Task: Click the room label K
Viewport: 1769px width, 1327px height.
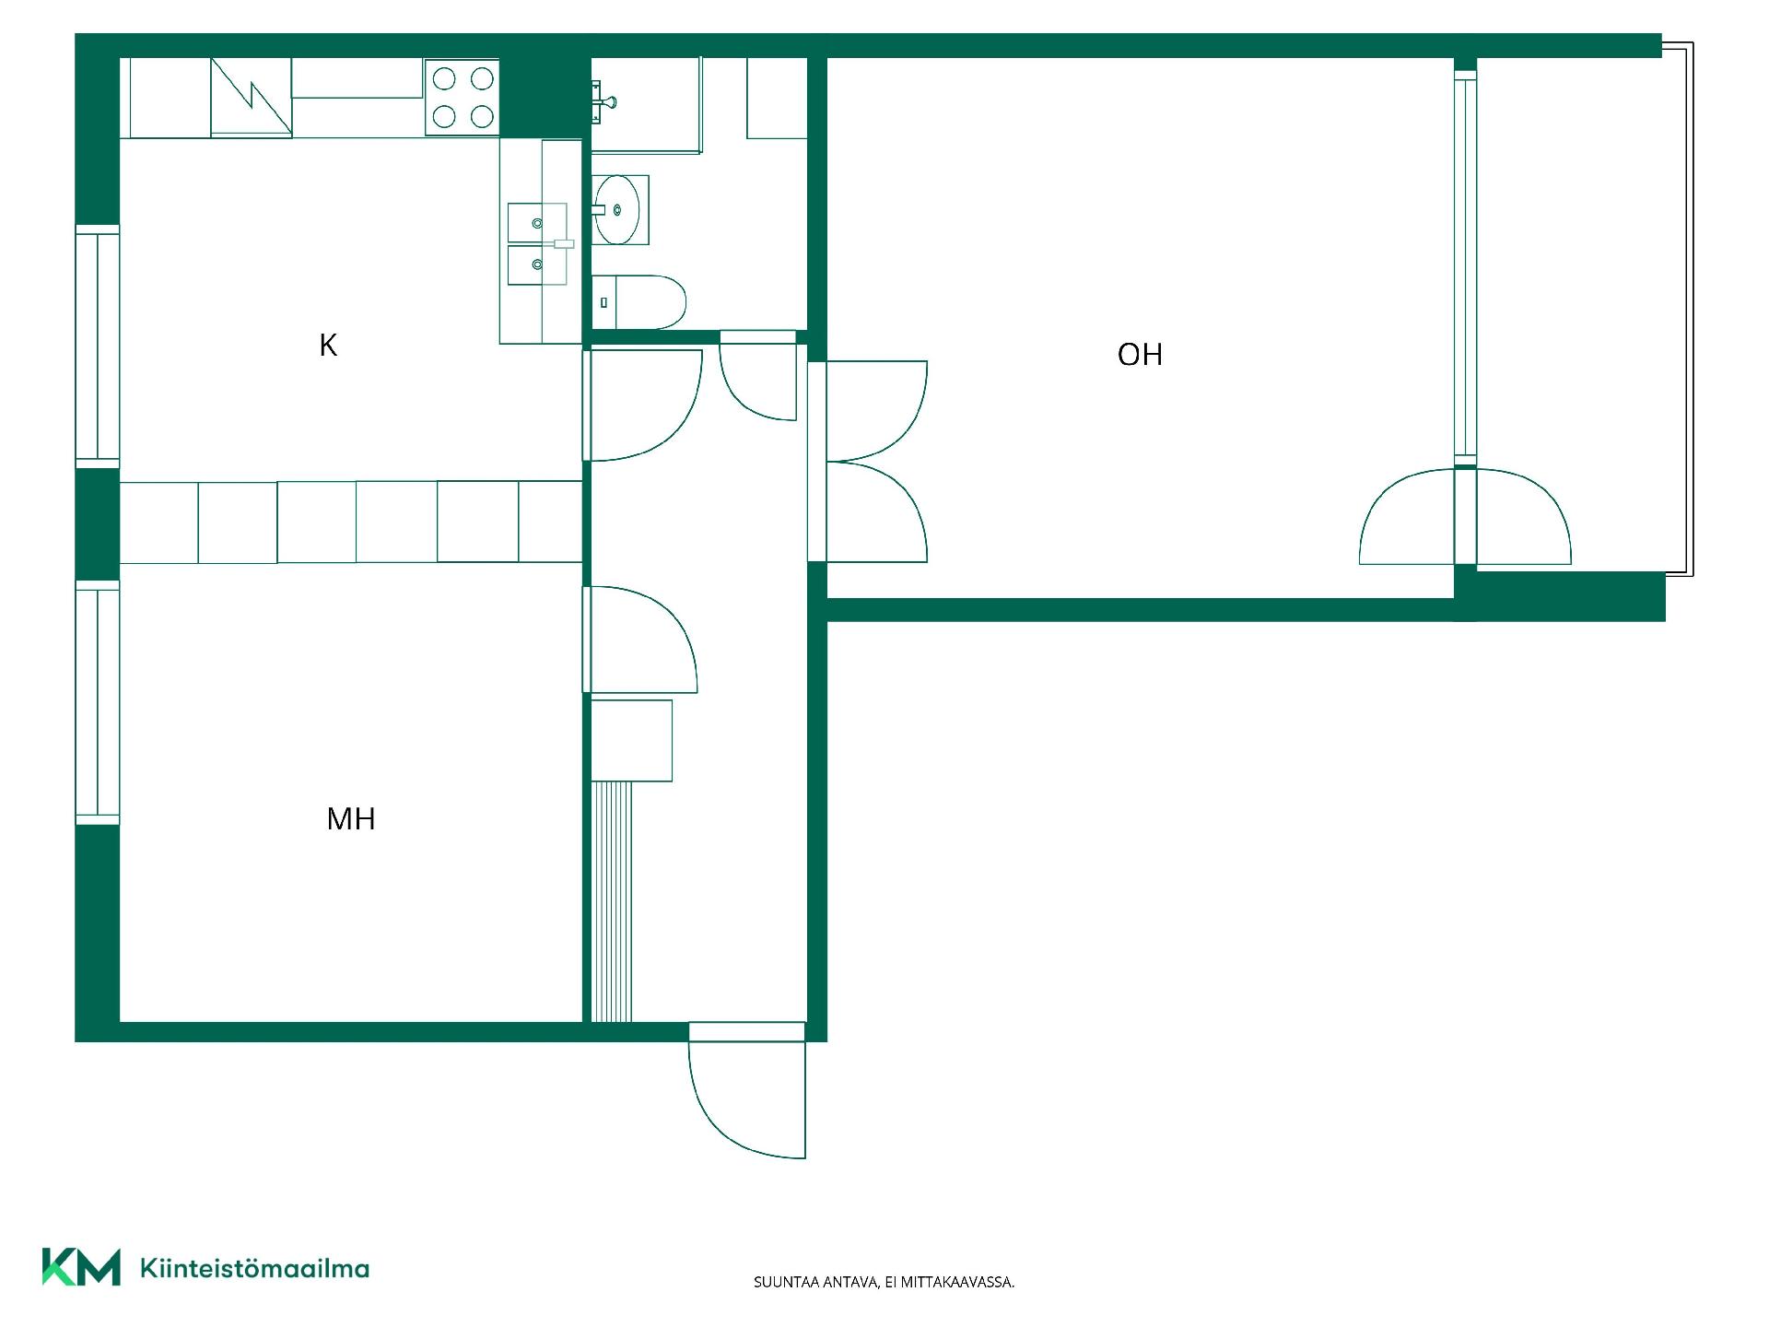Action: click(x=328, y=345)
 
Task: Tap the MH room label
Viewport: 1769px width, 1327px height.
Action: click(x=351, y=818)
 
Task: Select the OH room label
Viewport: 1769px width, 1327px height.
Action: click(x=1140, y=355)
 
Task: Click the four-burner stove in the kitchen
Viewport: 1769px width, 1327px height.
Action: click(x=463, y=98)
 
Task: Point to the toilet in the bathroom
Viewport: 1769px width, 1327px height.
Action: click(x=638, y=301)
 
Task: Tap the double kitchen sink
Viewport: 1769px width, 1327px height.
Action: click(x=538, y=244)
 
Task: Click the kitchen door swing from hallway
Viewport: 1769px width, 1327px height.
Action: click(x=645, y=405)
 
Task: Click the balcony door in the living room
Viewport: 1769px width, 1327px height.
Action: click(x=1465, y=516)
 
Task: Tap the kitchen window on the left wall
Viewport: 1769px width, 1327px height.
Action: click(x=98, y=346)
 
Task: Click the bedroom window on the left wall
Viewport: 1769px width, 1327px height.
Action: click(x=98, y=702)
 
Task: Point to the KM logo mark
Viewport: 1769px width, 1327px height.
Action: click(x=81, y=1267)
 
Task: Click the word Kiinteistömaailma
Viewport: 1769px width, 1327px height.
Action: click(x=254, y=1269)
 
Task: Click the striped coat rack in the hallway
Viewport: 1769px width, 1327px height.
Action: click(x=612, y=901)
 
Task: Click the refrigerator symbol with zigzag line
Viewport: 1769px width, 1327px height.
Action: click(x=252, y=98)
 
